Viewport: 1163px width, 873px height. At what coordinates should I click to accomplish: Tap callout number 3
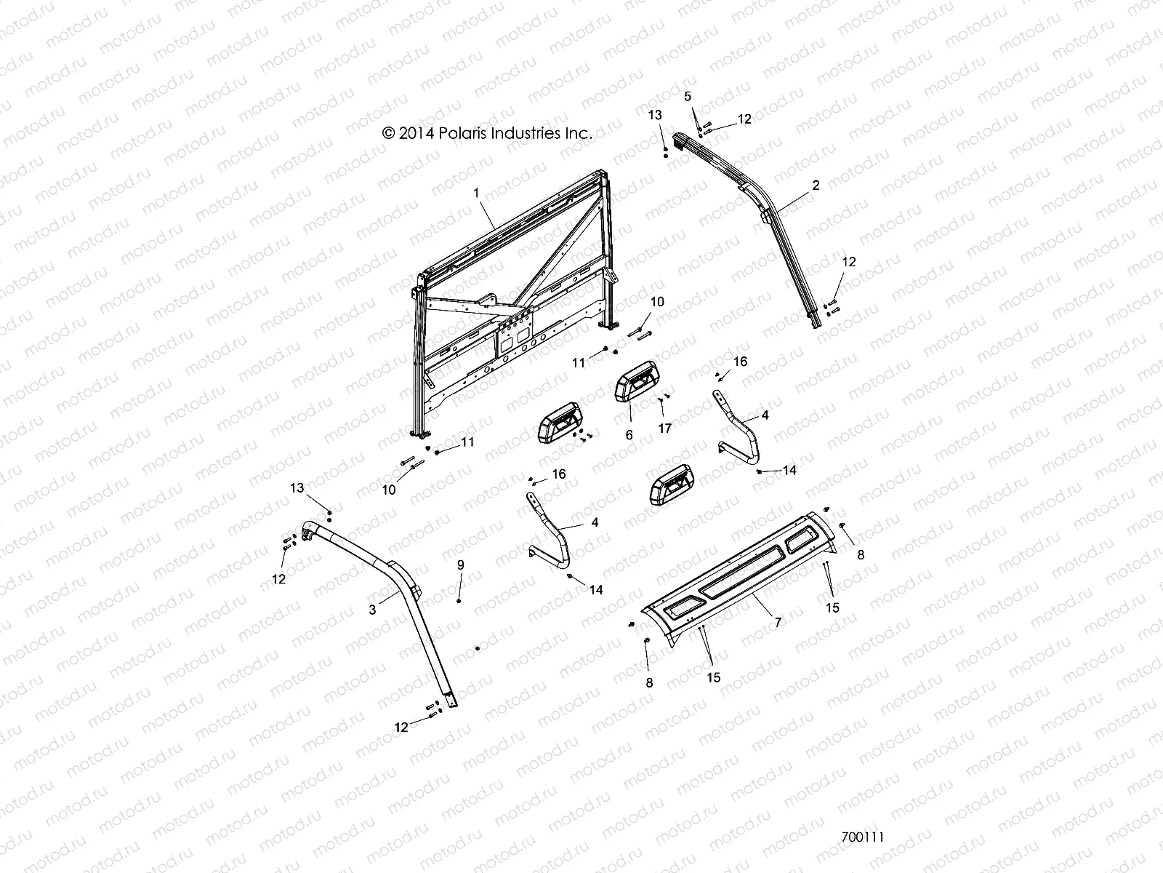pyautogui.click(x=373, y=610)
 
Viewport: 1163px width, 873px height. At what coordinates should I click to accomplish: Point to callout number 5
pyautogui.click(x=688, y=96)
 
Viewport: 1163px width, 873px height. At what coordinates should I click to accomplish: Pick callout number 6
pyautogui.click(x=629, y=435)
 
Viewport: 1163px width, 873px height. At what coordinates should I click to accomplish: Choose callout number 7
pyautogui.click(x=778, y=622)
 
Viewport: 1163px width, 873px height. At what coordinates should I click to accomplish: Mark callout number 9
pyautogui.click(x=459, y=565)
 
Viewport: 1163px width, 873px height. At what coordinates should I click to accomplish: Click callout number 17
pyautogui.click(x=664, y=428)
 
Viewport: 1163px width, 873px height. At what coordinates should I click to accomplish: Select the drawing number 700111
pyautogui.click(x=862, y=837)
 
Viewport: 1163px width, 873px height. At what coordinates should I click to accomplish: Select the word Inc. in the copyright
pyautogui.click(x=578, y=133)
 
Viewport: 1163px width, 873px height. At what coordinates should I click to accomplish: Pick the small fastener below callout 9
pyautogui.click(x=477, y=647)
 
